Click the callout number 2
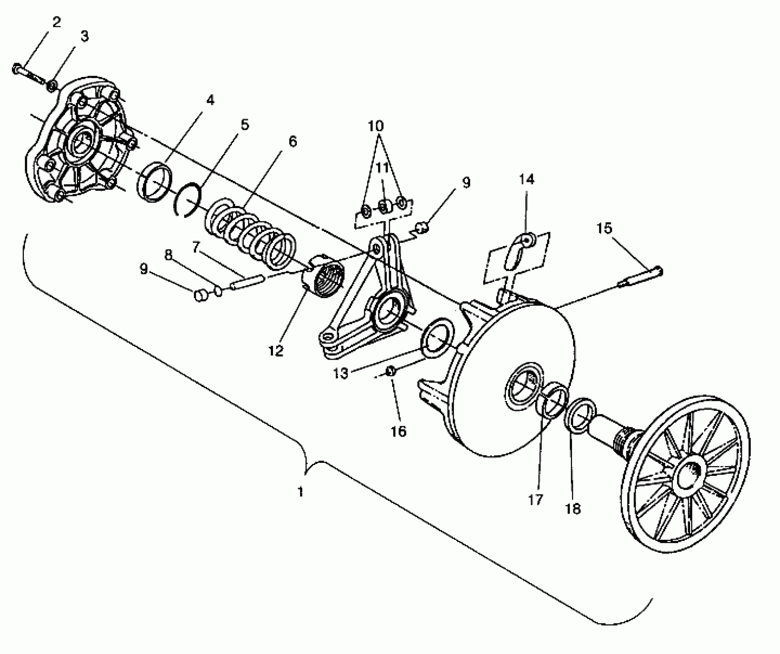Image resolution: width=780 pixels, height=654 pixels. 56,23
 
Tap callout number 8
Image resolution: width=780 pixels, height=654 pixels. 168,255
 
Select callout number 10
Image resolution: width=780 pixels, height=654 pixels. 376,126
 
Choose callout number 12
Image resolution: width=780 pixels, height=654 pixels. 276,350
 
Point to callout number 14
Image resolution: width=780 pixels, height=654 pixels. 526,179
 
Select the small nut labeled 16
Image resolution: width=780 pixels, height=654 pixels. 390,371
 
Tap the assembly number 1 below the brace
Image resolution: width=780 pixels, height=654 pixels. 301,492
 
